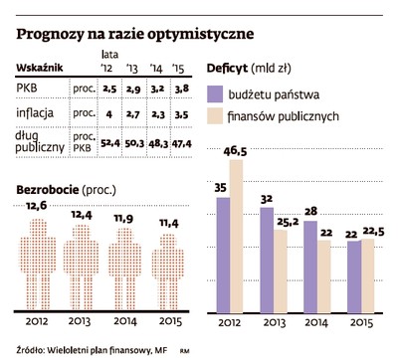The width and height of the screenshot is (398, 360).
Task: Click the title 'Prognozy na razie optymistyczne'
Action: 134,33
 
